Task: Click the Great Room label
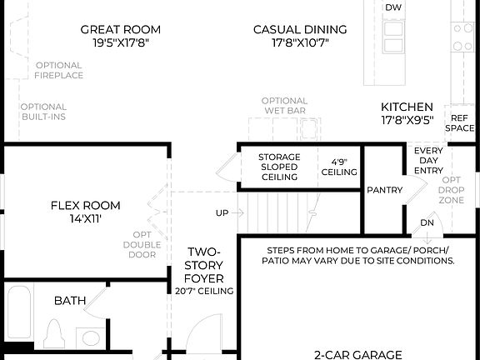[x=120, y=30]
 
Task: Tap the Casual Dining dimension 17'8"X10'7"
[x=300, y=43]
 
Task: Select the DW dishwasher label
[x=393, y=7]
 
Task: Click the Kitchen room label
[x=407, y=107]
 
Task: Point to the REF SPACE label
[x=459, y=122]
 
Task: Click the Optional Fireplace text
[x=58, y=70]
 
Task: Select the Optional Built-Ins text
[x=43, y=112]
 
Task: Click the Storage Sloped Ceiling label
[x=278, y=167]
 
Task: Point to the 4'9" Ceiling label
[x=339, y=167]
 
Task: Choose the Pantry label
[x=385, y=190]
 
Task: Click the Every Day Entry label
[x=428, y=160]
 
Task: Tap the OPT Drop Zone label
[x=451, y=191]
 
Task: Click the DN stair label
[x=427, y=222]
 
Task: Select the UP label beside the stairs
[x=222, y=212]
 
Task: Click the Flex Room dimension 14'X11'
[x=85, y=219]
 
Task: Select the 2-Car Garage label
[x=359, y=353]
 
